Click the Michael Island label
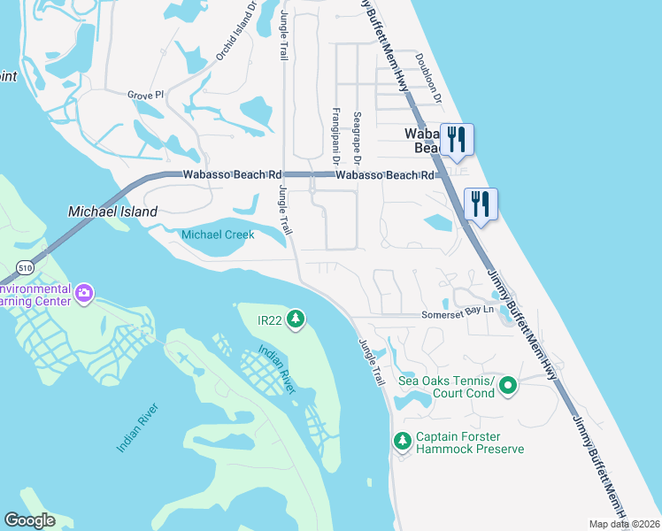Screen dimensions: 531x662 [x=112, y=212]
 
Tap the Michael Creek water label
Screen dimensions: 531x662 [x=218, y=235]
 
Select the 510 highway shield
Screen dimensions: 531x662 [x=25, y=267]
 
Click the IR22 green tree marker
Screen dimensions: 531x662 [x=296, y=319]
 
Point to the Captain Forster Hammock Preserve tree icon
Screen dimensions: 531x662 [x=402, y=440]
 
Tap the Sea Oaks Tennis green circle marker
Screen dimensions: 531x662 [x=508, y=386]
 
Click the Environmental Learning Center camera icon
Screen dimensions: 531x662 [x=85, y=293]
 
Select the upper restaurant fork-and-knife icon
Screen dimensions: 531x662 [x=457, y=139]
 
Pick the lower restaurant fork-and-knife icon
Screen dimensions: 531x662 [x=481, y=203]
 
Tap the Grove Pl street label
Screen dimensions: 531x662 [x=146, y=95]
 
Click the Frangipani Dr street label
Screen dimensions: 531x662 [x=335, y=136]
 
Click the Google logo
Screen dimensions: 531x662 [x=29, y=520]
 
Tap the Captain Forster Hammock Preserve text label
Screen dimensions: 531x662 [x=470, y=442]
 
